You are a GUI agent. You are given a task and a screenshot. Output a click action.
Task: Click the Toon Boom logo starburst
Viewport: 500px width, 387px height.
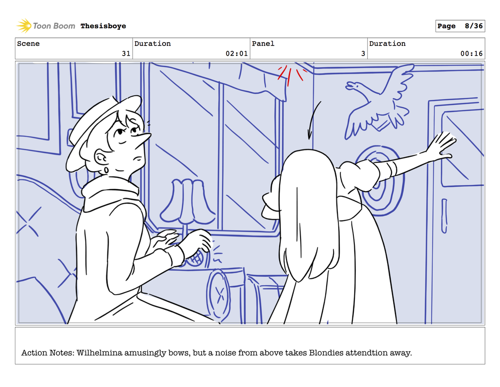[x=24, y=26]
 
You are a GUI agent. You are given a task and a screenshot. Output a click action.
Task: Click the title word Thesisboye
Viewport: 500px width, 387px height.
[x=103, y=26]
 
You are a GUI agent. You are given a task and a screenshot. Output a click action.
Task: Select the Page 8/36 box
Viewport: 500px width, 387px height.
[x=460, y=26]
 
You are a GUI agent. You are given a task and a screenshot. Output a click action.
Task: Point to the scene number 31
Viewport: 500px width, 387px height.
[x=126, y=54]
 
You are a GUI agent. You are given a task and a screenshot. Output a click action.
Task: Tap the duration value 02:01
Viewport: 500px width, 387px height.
[x=237, y=54]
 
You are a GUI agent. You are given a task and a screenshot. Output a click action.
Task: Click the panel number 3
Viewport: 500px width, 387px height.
[x=363, y=54]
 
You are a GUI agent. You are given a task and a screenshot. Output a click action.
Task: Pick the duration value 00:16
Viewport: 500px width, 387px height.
[x=471, y=54]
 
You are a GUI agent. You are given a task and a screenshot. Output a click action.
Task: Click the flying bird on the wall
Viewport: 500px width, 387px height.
[x=379, y=102]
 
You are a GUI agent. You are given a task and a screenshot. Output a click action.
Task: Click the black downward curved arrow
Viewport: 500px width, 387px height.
[x=313, y=119]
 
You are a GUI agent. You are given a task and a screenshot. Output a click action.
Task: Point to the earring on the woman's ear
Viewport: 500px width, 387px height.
[x=106, y=171]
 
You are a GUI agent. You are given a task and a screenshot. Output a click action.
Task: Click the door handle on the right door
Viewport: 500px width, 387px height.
[x=444, y=216]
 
